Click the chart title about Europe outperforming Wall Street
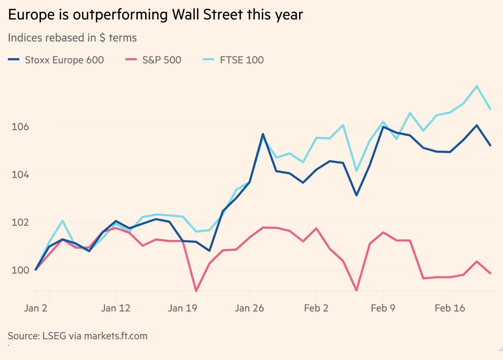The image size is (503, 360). [155, 15]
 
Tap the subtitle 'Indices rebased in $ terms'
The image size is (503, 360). [72, 38]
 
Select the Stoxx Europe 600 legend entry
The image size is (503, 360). [56, 60]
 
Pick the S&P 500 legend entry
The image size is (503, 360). [153, 60]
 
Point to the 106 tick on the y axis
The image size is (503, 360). [20, 127]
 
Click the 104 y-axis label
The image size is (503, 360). [20, 175]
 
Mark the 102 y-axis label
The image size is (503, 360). [20, 222]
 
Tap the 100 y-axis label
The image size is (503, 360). [20, 270]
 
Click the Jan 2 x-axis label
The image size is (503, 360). [35, 308]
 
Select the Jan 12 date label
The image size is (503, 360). [116, 308]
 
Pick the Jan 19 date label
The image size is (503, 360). [182, 308]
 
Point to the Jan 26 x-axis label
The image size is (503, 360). [249, 308]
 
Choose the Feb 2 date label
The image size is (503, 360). [316, 308]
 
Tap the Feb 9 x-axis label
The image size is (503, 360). [383, 308]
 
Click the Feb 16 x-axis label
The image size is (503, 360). [450, 308]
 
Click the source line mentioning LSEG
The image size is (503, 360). [78, 336]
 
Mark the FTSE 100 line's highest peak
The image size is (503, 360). [477, 86]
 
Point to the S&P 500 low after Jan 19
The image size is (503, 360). [196, 291]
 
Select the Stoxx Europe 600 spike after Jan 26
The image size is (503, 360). [263, 134]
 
